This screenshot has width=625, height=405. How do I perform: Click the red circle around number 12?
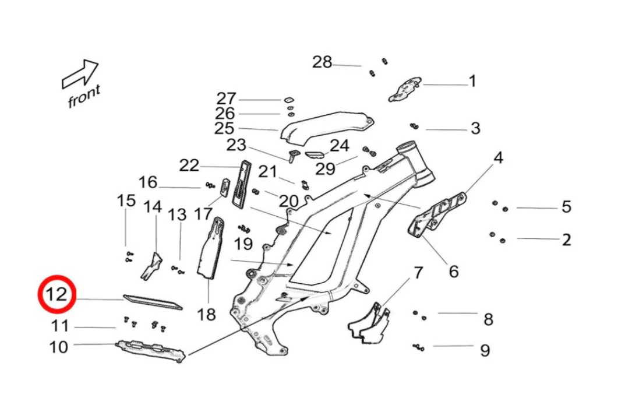pyautogui.click(x=57, y=295)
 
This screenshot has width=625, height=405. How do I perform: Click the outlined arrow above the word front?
pyautogui.click(x=80, y=74)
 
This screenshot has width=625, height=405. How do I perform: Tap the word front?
pyautogui.click(x=84, y=97)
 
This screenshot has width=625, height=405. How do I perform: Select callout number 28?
pyautogui.click(x=322, y=62)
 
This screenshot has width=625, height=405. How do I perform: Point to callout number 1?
pyautogui.click(x=472, y=82)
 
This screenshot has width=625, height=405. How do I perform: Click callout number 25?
pyautogui.click(x=224, y=129)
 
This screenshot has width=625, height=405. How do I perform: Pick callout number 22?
pyautogui.click(x=189, y=165)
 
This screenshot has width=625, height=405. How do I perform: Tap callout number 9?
pyautogui.click(x=485, y=350)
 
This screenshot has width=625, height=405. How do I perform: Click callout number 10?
pyautogui.click(x=58, y=347)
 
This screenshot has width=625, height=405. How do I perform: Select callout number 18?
pyautogui.click(x=206, y=315)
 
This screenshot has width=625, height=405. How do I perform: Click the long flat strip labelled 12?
pyautogui.click(x=153, y=302)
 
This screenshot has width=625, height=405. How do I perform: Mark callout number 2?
pyautogui.click(x=566, y=240)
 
